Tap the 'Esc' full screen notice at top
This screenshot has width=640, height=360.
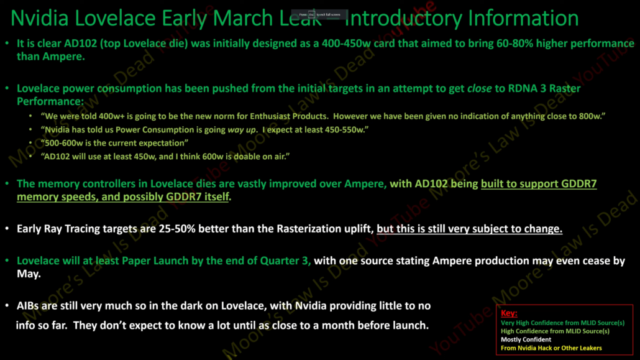(x=319, y=14)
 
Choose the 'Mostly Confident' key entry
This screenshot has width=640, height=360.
(x=526, y=339)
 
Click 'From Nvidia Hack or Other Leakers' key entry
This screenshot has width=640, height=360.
(x=551, y=348)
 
